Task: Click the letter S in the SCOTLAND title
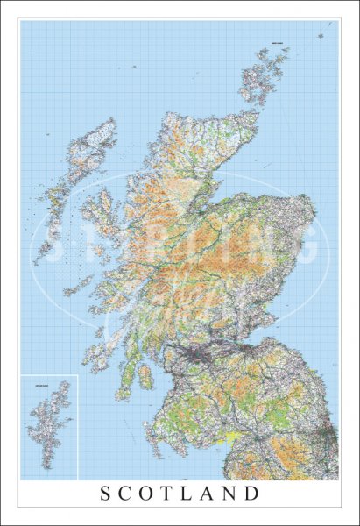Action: [107, 494]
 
